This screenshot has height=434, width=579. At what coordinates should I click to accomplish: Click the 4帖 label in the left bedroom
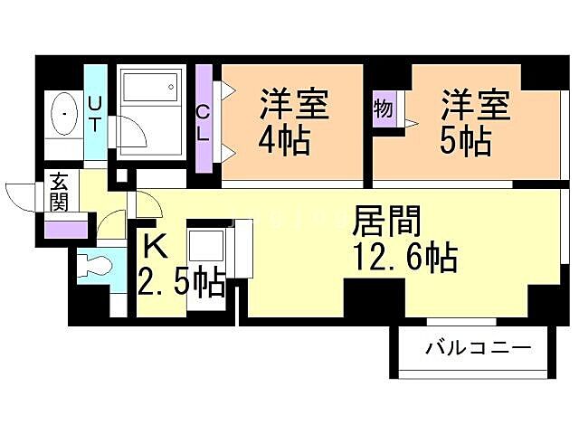pos(284,141)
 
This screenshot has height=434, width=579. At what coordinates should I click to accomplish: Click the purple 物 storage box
pos(384,109)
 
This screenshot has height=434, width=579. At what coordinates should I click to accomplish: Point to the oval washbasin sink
pos(65,115)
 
